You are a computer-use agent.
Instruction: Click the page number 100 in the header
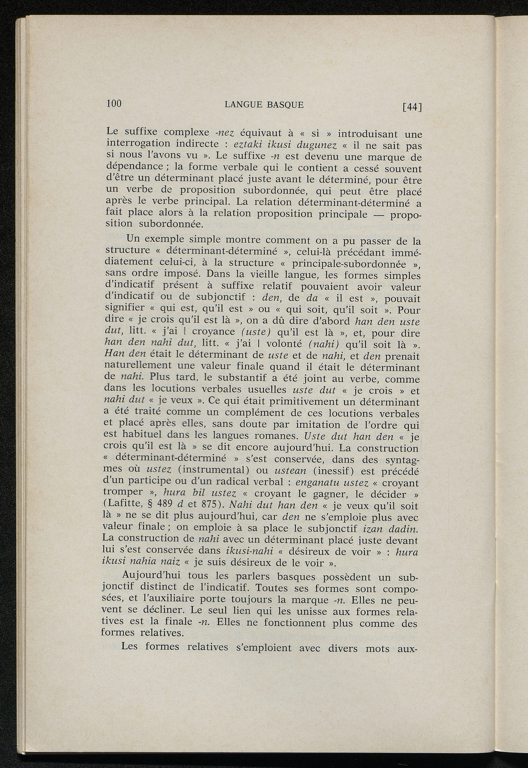113,103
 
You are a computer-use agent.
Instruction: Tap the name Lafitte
121,506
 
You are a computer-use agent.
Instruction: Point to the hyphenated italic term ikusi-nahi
257,552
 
